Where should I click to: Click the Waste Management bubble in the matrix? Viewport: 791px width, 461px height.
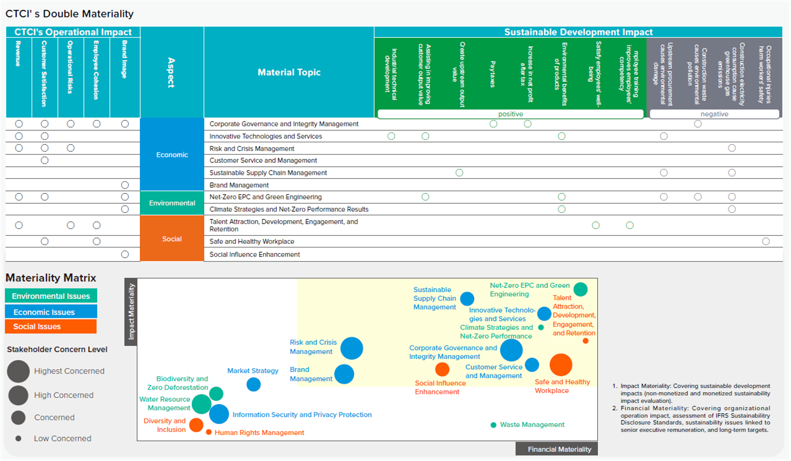[x=493, y=425]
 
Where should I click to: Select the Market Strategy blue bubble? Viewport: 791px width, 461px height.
[x=254, y=384]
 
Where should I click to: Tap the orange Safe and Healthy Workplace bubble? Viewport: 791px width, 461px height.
[x=561, y=364]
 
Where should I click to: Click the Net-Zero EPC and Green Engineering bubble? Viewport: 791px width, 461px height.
[x=581, y=289]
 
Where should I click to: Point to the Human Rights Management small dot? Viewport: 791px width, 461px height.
[x=209, y=432]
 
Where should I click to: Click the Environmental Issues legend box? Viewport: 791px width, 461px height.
[x=51, y=296]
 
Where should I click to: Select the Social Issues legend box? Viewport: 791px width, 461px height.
[x=51, y=327]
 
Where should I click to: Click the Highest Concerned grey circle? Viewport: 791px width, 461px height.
[x=19, y=371]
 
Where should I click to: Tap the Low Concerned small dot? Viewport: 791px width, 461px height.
[x=19, y=438]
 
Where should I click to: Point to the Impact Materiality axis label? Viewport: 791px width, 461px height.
[x=131, y=312]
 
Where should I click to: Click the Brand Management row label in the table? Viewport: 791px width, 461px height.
[x=239, y=185]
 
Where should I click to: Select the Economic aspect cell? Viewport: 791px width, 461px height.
[x=172, y=155]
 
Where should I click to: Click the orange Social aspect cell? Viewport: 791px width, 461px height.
[x=172, y=239]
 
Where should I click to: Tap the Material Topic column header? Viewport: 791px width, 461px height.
[x=289, y=72]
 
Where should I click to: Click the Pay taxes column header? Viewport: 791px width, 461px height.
[x=493, y=74]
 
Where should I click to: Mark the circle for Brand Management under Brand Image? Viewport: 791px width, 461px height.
[x=124, y=185]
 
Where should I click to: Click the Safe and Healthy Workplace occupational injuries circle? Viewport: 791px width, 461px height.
[x=766, y=241]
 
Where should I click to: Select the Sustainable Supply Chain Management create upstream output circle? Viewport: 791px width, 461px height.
[x=459, y=173]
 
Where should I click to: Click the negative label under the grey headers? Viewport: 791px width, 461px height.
[x=714, y=114]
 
